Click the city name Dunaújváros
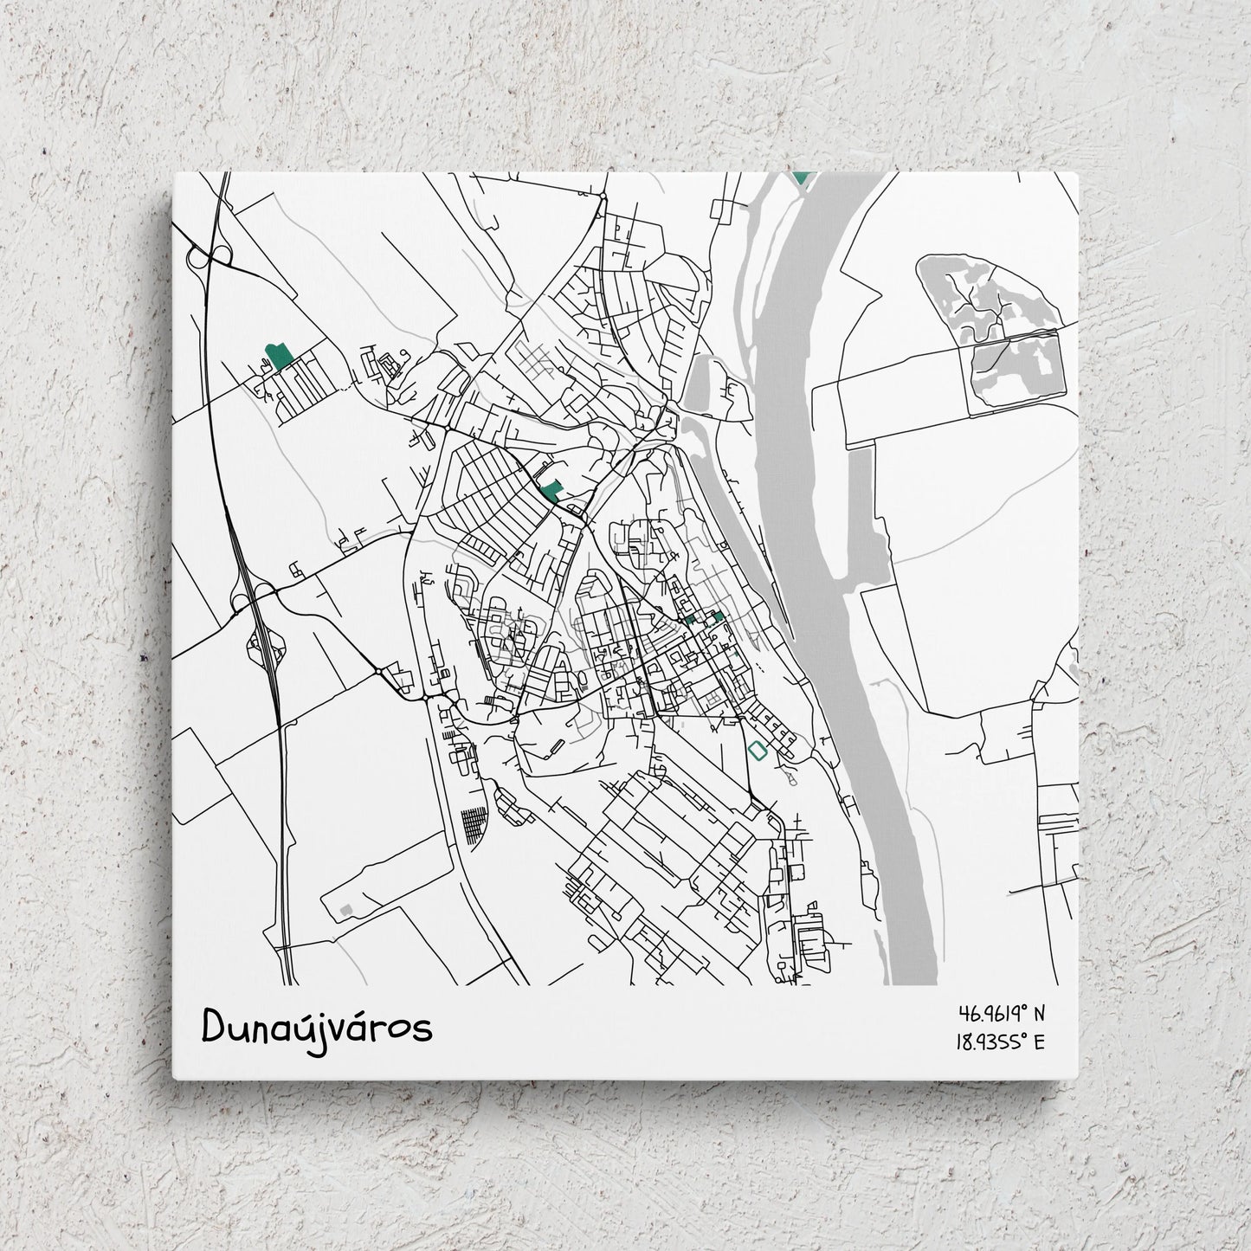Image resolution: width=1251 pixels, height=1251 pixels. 316,1029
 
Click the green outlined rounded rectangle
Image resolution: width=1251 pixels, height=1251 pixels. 758,751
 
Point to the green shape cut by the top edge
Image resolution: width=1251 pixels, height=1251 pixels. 802,177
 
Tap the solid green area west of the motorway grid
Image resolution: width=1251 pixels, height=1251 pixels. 279,356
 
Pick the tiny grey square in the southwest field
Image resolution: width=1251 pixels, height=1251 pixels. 346,909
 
